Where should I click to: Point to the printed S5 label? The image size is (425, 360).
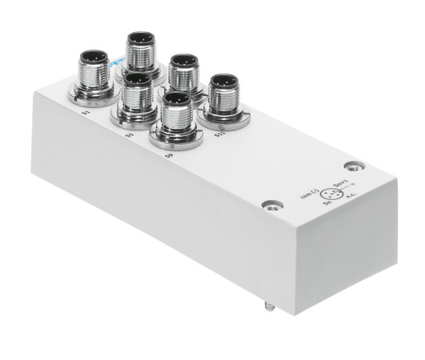tap(129, 135)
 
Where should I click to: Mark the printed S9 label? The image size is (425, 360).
tap(169, 154)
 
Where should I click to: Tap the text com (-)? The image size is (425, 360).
tap(305, 192)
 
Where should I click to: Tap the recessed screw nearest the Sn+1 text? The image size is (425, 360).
tap(351, 167)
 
